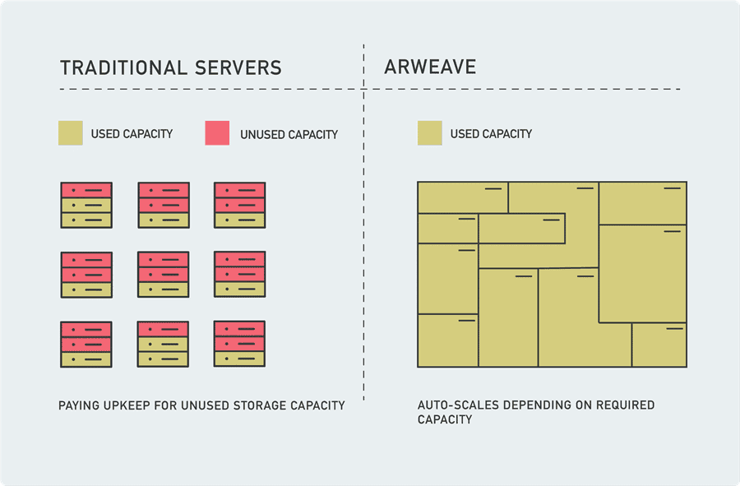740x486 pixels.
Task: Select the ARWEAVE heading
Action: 430,67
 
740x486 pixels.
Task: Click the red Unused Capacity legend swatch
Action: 217,133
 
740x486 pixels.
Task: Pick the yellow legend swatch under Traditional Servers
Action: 71,133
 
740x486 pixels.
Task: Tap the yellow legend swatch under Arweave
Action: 429,133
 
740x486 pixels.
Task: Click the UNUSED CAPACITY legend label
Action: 289,134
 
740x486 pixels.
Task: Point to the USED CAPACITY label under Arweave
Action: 491,133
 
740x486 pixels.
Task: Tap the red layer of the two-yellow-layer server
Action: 163,329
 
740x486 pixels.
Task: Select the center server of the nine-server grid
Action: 163,275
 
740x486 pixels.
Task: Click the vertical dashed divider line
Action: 363,247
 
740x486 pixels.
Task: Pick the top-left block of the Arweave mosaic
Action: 462,197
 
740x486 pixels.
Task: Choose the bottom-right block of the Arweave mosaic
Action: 659,345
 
